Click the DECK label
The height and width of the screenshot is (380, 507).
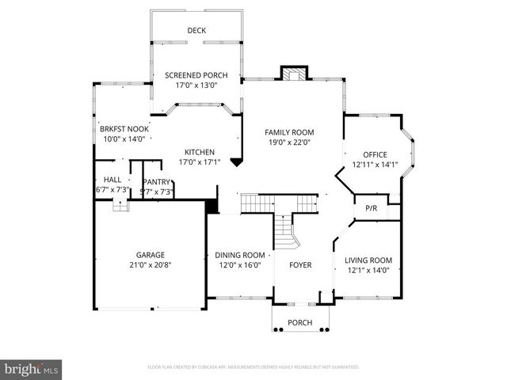[196, 31]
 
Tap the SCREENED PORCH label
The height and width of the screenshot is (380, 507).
[196, 75]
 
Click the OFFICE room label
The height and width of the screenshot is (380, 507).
[375, 154]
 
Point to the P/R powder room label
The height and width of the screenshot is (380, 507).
[370, 208]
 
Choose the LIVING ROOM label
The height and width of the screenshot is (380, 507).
[368, 260]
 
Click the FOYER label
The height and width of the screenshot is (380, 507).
[300, 265]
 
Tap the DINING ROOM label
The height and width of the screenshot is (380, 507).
[240, 255]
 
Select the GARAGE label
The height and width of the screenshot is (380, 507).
[150, 255]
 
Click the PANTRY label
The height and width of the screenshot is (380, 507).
[156, 182]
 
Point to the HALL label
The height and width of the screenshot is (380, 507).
[112, 180]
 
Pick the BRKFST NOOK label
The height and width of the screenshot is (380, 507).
[124, 128]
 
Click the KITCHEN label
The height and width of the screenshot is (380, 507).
[200, 152]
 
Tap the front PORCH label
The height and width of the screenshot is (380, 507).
[299, 322]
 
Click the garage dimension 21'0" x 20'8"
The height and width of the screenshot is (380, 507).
[150, 265]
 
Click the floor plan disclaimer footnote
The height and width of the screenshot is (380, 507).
[253, 367]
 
